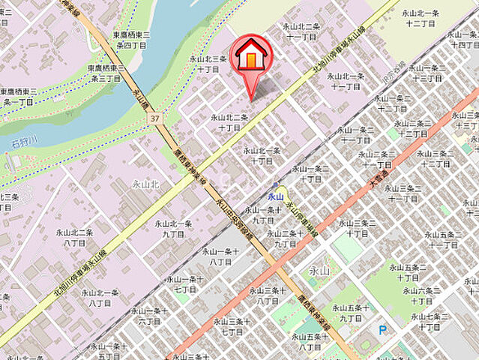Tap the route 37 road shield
(x=154, y=118)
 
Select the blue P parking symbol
(x=382, y=328)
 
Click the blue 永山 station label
(x=276, y=196)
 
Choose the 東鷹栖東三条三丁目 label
(x=103, y=73)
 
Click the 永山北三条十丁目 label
(x=208, y=63)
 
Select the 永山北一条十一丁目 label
(x=345, y=80)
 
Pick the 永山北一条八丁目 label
(x=100, y=297)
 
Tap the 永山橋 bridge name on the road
(x=138, y=97)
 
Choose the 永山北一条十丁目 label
(x=262, y=154)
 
